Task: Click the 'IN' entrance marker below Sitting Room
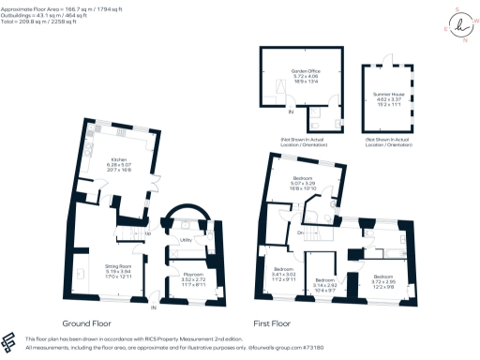point(154,307)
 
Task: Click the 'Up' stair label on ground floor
point(149,232)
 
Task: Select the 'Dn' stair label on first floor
point(299,232)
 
